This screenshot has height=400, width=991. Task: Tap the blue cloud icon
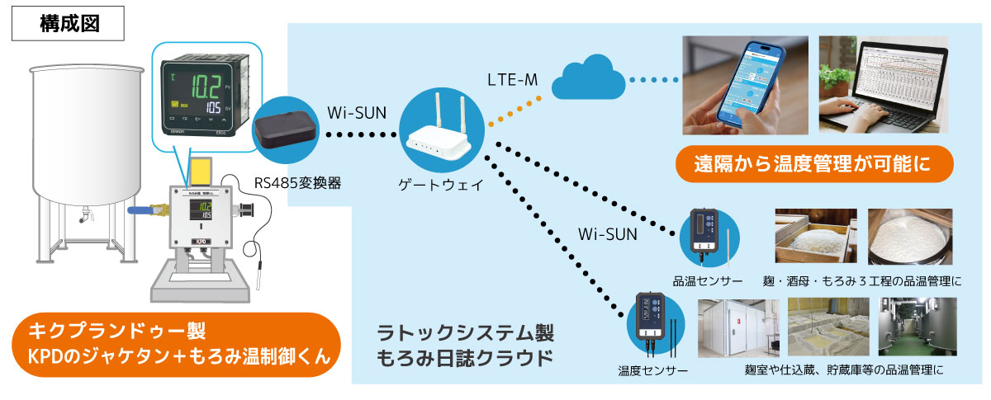pyautogui.click(x=589, y=79)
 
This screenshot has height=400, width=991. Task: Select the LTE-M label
pyautogui.click(x=512, y=80)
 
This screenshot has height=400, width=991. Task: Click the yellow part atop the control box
pyautogui.click(x=202, y=171)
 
